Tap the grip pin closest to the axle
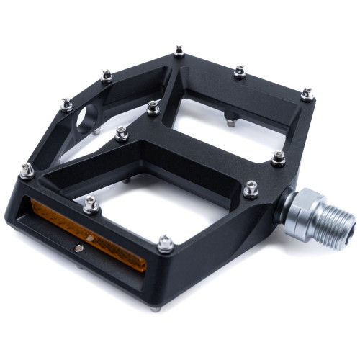pos(251,189)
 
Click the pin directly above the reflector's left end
pos(27,170)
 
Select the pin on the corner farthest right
pos(307,94)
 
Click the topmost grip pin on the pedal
pos(179,52)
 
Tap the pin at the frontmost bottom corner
pos(166,243)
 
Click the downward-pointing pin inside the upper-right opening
pos(230,122)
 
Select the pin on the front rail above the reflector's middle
pos(91,204)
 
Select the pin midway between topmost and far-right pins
pos(240,71)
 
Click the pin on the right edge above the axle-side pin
pos(278,158)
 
